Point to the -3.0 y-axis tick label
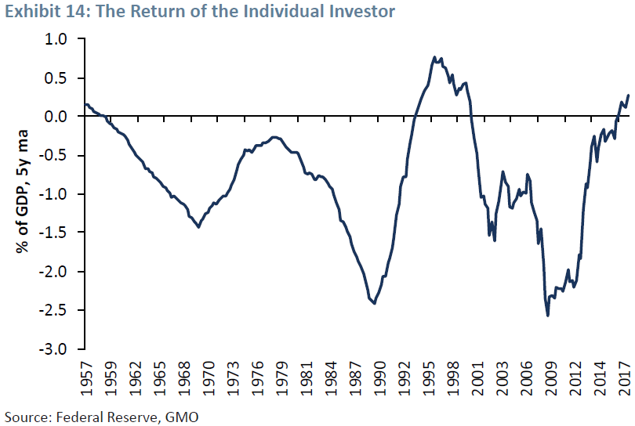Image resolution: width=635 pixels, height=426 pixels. point(56,349)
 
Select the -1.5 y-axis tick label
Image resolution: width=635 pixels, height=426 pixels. point(56,233)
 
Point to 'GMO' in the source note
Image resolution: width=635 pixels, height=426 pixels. point(183,415)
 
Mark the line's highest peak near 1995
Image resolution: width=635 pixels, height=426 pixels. point(434,57)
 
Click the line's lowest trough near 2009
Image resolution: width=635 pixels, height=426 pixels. point(547,316)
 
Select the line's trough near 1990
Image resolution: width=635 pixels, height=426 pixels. point(375,303)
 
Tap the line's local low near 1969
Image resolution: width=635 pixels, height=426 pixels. point(198,227)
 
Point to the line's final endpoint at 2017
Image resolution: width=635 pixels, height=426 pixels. point(628,96)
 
